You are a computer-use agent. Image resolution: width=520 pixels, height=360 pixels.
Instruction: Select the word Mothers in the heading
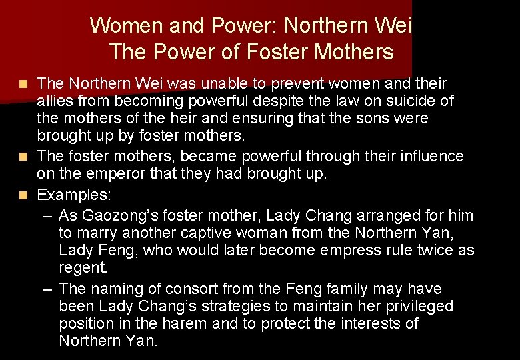click(x=355, y=51)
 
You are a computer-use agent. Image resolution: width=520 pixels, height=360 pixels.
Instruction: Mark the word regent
click(x=83, y=267)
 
